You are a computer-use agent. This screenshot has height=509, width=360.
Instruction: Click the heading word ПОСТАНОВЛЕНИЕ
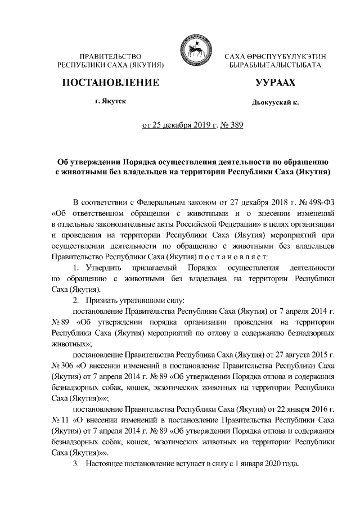tap(110, 83)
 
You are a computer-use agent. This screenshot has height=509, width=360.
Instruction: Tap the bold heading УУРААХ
tap(275, 83)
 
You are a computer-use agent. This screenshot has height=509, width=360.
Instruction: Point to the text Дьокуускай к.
tap(275, 103)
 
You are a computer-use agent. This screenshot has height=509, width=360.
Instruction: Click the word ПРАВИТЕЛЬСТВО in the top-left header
tap(110, 57)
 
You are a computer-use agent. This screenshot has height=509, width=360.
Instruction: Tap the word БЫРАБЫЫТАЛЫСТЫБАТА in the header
tap(276, 66)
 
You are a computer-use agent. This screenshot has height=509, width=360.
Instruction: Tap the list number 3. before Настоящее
tap(77, 465)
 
